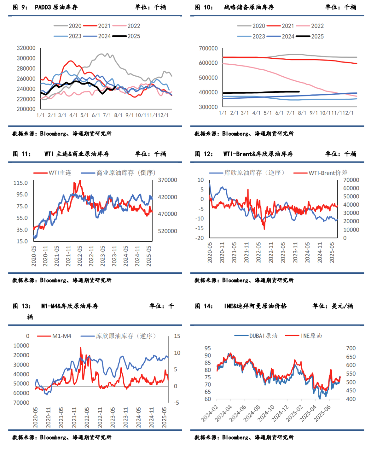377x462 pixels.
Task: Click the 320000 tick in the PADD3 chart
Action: tap(26, 48)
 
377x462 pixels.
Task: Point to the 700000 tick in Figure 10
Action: tap(208, 48)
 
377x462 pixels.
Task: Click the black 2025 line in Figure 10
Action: tap(262, 92)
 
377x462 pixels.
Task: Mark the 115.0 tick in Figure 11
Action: tap(21, 183)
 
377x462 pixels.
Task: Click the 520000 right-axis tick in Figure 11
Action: tap(168, 231)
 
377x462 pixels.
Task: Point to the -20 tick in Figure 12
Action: tap(200, 238)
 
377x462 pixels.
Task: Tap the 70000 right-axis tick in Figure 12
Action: tap(351, 180)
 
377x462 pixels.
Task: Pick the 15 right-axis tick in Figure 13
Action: tap(177, 336)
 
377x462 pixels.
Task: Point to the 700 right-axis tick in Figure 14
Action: tap(351, 348)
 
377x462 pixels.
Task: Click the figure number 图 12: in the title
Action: tap(204, 154)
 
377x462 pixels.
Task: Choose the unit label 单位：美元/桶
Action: tap(333, 306)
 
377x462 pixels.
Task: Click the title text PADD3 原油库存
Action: tap(56, 7)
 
